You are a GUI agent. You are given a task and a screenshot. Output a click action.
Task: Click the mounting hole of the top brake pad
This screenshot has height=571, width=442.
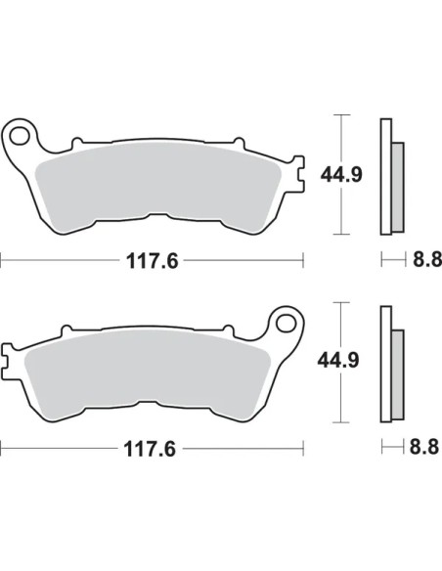(x=20, y=136)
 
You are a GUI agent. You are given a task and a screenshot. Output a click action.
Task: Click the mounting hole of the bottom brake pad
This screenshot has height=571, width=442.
(x=287, y=323)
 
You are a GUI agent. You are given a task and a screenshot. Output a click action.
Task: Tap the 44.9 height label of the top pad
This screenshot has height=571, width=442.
(x=341, y=175)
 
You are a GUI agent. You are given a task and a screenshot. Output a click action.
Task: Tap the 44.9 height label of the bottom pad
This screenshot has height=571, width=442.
(x=338, y=360)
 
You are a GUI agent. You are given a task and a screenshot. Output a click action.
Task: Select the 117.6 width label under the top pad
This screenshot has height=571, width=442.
(x=153, y=261)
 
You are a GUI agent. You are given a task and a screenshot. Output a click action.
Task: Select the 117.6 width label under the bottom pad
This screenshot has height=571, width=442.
(x=150, y=449)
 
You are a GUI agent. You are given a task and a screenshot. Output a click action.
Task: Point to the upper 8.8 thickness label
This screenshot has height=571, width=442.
(x=427, y=259)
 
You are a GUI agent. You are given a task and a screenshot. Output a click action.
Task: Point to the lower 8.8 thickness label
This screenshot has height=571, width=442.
(x=424, y=447)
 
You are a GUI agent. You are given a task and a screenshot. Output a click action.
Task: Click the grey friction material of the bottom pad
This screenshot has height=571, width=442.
(x=148, y=373)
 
